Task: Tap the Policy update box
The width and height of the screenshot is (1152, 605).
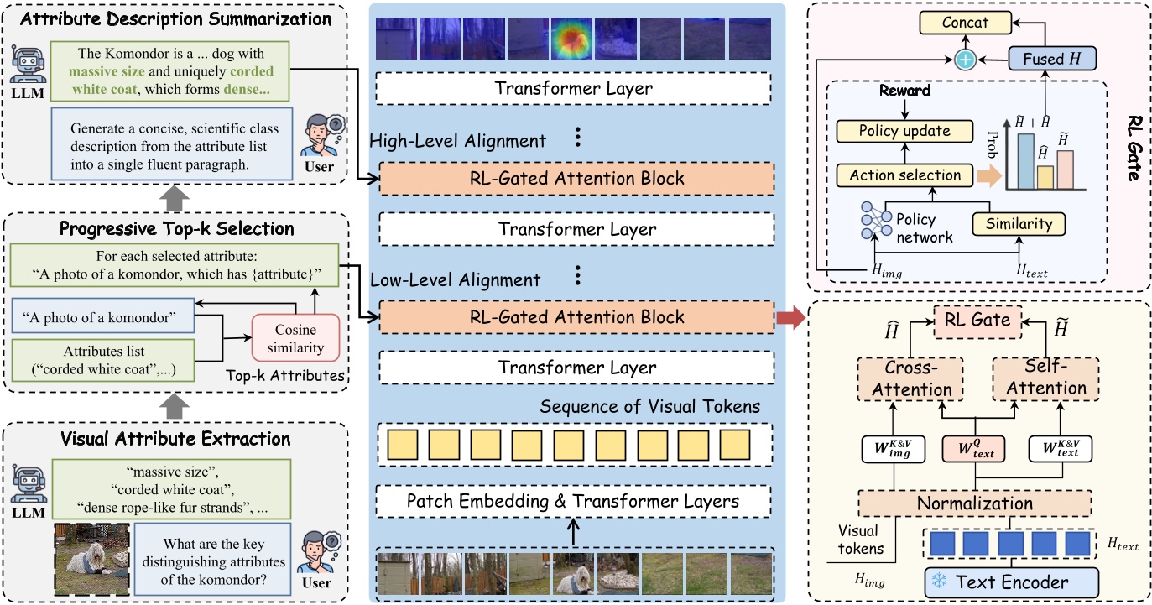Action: click(904, 131)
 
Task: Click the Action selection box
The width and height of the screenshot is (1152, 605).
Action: click(904, 175)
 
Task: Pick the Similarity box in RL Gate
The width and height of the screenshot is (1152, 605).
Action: click(1017, 224)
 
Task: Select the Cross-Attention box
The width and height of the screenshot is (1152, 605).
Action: click(905, 378)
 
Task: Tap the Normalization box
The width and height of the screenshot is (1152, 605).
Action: click(973, 503)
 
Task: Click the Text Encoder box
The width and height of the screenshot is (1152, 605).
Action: click(1010, 582)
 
